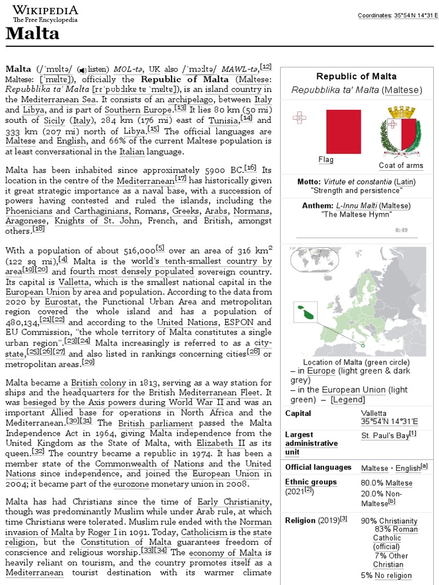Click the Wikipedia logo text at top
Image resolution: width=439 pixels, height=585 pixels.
pos(45,10)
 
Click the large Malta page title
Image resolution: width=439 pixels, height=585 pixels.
pos(32,34)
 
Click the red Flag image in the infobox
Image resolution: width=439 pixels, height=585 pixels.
pos(343,131)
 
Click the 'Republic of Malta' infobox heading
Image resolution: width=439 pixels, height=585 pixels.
pos(356,77)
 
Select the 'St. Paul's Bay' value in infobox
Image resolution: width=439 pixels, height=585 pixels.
pos(385,435)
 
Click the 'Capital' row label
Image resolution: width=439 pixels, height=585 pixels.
pos(298,414)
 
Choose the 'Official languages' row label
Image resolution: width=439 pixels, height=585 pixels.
pos(318,467)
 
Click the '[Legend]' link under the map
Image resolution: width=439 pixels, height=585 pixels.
pos(348,400)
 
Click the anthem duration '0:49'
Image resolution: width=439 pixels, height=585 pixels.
pos(401,230)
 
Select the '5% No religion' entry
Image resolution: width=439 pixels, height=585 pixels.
pos(386,575)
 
